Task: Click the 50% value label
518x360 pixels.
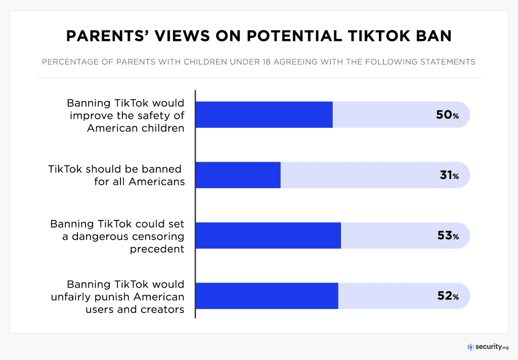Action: (447, 115)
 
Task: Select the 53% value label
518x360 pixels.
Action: (447, 236)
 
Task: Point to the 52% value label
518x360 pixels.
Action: (447, 296)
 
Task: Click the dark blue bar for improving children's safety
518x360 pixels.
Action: (264, 115)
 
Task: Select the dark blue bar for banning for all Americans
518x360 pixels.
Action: (238, 175)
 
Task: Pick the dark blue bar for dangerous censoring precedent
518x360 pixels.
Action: (268, 236)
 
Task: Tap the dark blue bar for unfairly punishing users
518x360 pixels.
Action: (267, 296)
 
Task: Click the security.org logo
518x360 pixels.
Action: (488, 347)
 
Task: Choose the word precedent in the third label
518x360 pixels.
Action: (157, 249)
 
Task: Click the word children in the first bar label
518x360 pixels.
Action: (162, 128)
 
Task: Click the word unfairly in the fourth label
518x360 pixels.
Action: (70, 296)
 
